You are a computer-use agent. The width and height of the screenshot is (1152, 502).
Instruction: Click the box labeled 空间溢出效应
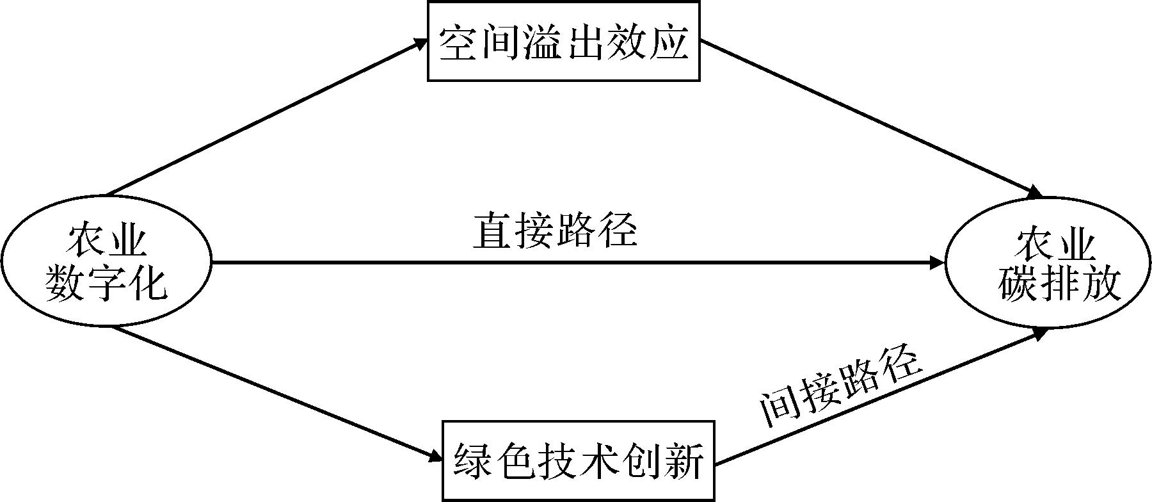[x=563, y=41]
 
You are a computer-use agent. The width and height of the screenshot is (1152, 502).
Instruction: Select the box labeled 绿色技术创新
[x=579, y=461]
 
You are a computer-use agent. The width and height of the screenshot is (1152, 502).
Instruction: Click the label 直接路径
[x=555, y=231]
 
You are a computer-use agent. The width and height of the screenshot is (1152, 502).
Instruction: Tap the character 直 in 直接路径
[x=493, y=231]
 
